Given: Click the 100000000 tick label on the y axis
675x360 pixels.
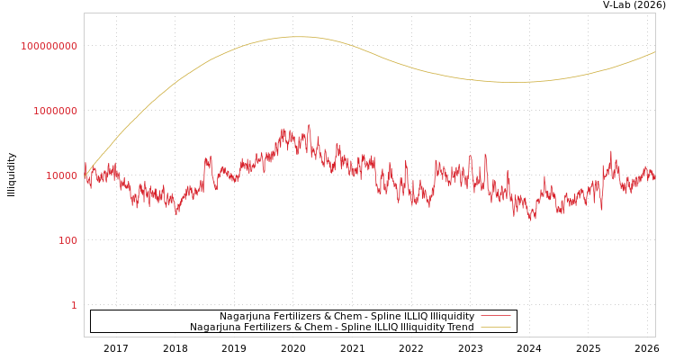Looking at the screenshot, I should point(49,46).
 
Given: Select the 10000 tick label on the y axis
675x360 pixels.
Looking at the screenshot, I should point(62,175).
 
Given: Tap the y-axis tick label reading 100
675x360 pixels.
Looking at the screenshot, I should point(68,240).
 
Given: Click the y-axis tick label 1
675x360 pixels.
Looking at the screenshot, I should point(74,305).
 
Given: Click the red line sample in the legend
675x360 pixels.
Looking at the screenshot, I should point(496,316).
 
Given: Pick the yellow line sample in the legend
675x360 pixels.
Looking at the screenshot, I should point(496,327).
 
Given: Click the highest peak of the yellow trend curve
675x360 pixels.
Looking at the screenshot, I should point(299,37).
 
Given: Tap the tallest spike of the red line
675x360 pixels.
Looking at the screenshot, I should point(309,125).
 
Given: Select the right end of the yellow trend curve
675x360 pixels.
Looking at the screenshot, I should point(654,52).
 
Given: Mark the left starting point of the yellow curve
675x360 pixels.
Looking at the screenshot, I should point(85,174).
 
